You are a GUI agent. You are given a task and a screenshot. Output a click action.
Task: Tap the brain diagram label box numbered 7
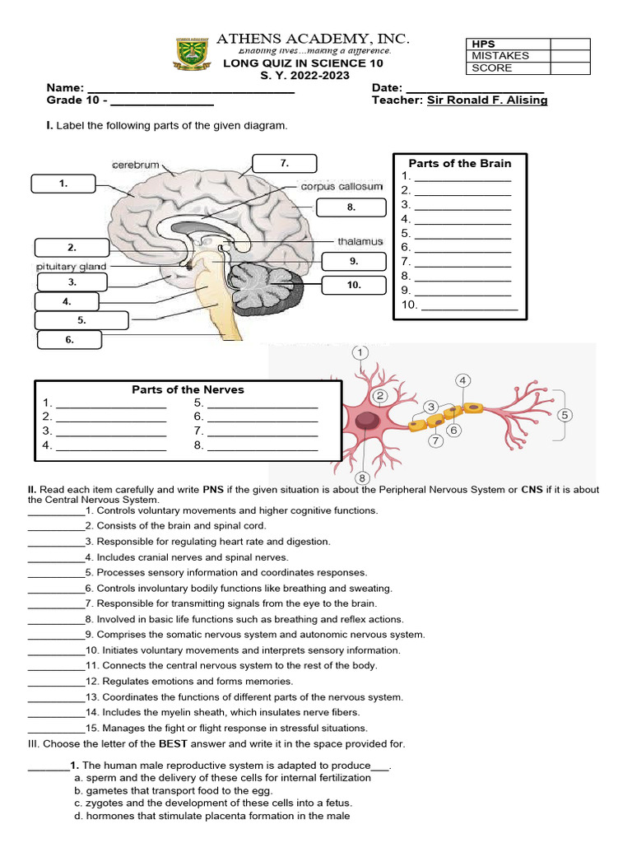pos(284,164)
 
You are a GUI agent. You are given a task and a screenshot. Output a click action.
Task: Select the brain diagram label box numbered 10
pos(354,285)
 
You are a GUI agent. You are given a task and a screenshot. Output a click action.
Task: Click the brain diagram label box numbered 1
pos(63,184)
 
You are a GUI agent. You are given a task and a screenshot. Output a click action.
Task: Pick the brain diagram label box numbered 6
pos(69,339)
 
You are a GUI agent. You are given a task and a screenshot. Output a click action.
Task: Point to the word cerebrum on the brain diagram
pos(136,165)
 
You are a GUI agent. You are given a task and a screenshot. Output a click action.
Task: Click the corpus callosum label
pos(342,187)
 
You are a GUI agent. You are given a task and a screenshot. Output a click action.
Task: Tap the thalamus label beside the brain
pos(360,241)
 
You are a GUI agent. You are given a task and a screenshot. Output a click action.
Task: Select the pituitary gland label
pos(70,267)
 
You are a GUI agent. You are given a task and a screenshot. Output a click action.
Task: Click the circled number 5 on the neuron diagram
pos(565,415)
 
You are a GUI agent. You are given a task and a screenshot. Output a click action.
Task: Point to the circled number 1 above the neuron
pos(360,353)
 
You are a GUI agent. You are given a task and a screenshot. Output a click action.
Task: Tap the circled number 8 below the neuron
pos(360,477)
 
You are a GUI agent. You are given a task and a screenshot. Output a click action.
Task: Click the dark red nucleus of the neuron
pos(367,421)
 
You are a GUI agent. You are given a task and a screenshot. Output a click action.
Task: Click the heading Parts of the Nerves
pos(188,389)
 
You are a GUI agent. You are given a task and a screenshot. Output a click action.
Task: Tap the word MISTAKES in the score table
pos(500,56)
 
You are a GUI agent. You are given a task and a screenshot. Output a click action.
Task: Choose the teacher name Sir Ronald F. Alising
pos(486,100)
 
